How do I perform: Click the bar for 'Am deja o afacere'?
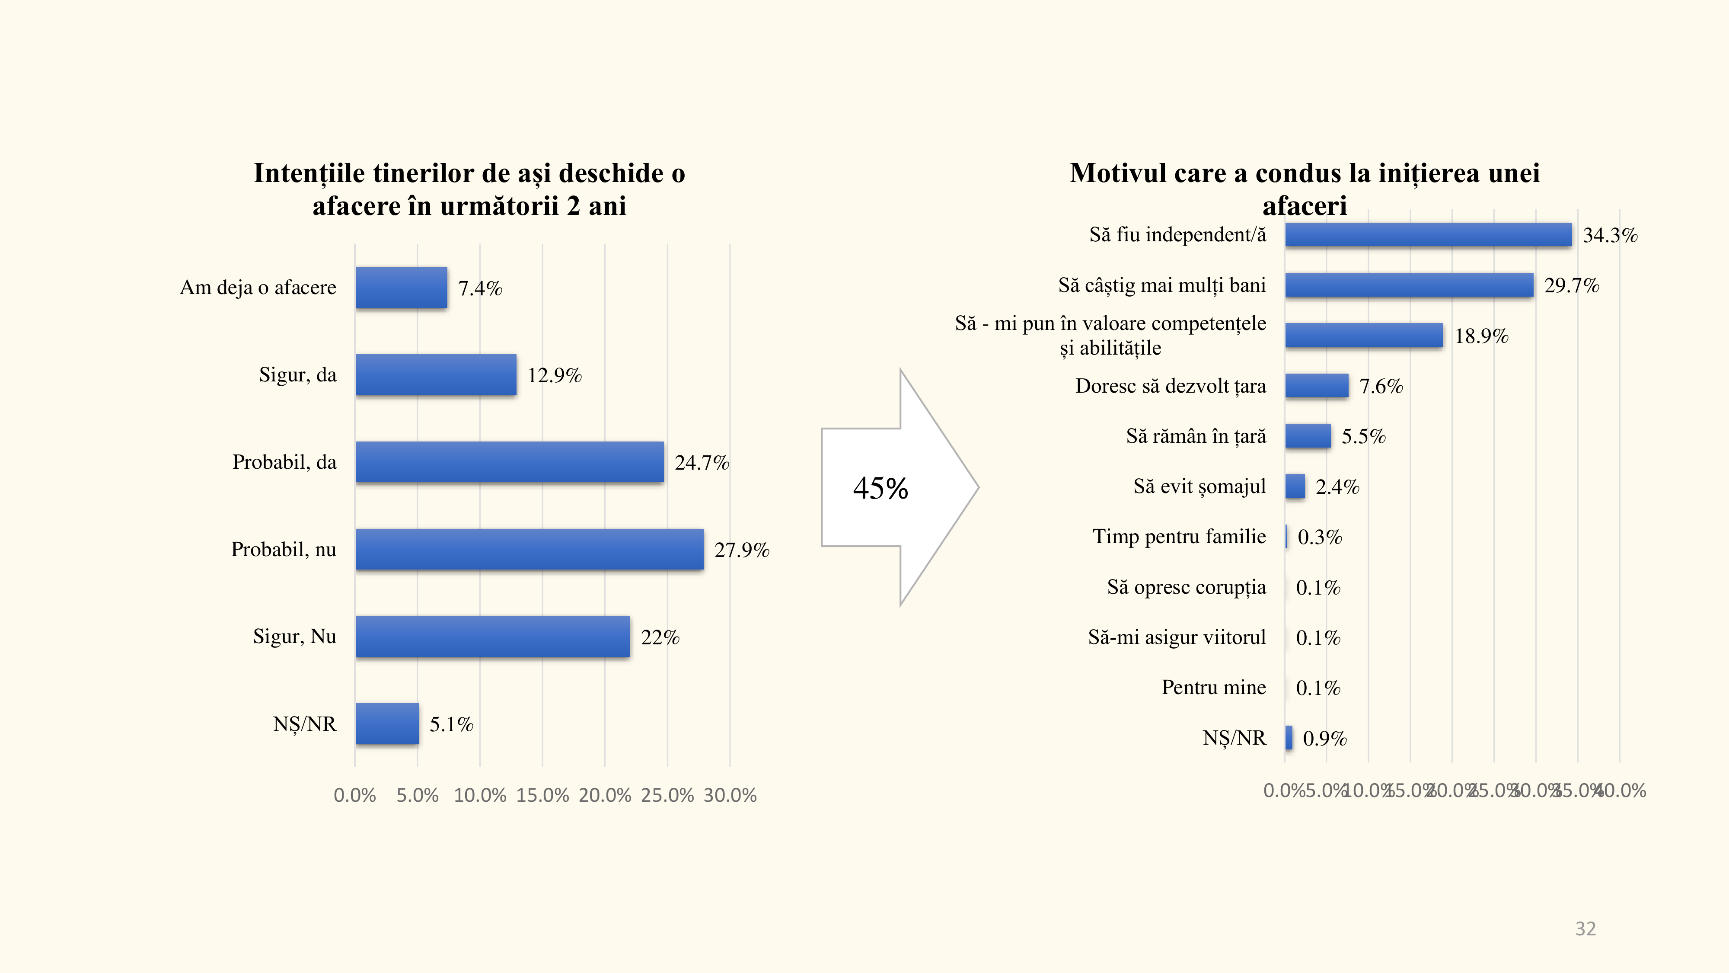click(x=402, y=288)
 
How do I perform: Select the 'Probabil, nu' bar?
click(x=530, y=549)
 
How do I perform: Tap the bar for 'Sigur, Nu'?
click(x=493, y=637)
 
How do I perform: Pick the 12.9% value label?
click(x=555, y=375)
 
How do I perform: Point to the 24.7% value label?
click(x=702, y=463)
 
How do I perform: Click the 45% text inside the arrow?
click(x=880, y=488)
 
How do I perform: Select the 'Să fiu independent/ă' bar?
click(x=1428, y=235)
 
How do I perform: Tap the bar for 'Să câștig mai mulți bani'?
click(x=1409, y=285)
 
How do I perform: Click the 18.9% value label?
click(x=1481, y=336)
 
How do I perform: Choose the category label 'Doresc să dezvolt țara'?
click(x=1171, y=386)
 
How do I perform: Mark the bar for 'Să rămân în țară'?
click(x=1308, y=436)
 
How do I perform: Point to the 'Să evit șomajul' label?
click(x=1199, y=486)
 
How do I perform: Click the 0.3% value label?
click(x=1320, y=537)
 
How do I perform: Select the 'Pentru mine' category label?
click(x=1213, y=688)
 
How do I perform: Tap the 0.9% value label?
click(x=1324, y=739)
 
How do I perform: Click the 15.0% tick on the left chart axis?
click(x=542, y=796)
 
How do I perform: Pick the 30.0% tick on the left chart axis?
click(x=730, y=796)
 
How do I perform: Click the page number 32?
click(x=1585, y=929)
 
